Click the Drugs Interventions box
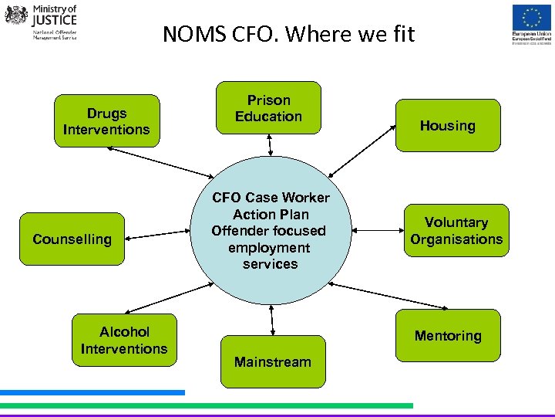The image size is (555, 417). coord(106,120)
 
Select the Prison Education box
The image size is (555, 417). coord(268,108)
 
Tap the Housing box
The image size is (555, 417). coord(448,125)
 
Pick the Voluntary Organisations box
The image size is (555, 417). coord(456,231)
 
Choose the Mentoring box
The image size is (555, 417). coord(448,336)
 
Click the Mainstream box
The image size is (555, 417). coord(273,361)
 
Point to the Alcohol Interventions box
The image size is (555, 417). coord(124,341)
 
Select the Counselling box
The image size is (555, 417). coord(72,239)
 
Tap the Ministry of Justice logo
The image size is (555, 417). coord(42,22)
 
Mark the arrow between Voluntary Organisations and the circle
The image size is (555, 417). coord(378,229)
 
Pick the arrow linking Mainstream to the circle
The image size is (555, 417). coord(272,320)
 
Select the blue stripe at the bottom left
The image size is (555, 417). coord(92,392)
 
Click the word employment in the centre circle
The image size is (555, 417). coord(269,248)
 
